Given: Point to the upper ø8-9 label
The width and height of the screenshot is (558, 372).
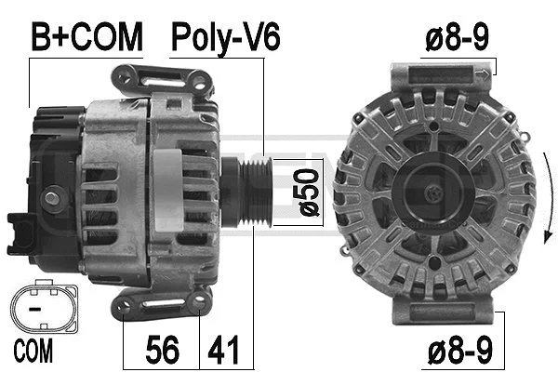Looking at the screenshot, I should [456, 37].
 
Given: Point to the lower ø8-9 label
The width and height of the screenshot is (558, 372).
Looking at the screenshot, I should [456, 351].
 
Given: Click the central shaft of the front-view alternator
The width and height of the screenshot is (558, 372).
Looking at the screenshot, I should [433, 193].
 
